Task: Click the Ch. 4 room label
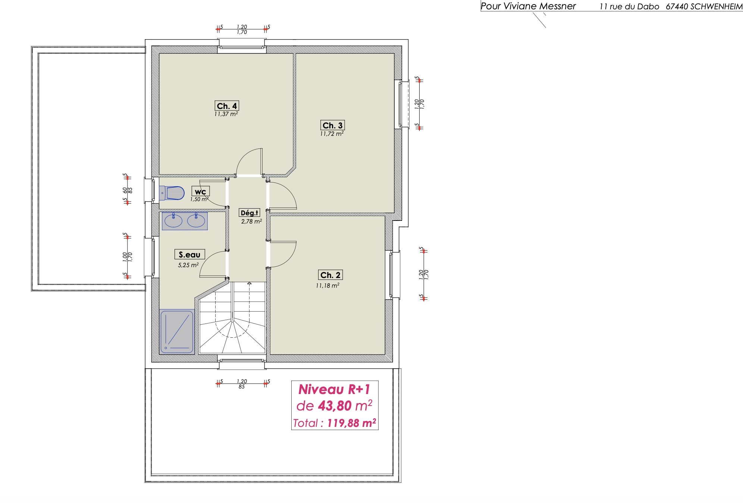point(227,106)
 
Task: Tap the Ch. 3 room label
point(332,125)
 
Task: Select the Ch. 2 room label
point(330,275)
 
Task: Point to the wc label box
point(200,191)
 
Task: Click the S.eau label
point(189,254)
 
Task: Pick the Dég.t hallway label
point(249,213)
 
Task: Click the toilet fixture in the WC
point(172,193)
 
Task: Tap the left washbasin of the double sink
point(173,221)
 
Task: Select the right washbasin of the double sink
point(196,221)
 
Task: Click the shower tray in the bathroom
point(177,332)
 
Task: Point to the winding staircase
point(232,318)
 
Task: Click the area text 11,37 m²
point(226,114)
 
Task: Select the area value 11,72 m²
point(332,134)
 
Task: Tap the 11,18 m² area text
point(327,285)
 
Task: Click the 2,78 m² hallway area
point(251,221)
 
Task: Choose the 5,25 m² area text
point(188,265)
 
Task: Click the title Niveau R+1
point(334,389)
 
